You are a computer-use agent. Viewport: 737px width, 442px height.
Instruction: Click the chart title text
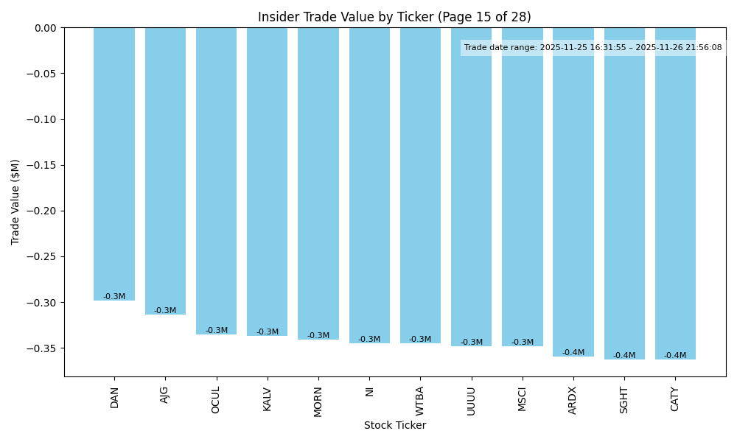[x=394, y=17]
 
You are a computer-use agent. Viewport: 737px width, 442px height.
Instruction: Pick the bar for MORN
[x=318, y=183]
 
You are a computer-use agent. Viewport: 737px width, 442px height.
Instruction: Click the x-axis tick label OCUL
[x=216, y=400]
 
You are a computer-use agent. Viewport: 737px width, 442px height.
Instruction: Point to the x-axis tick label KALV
[x=268, y=400]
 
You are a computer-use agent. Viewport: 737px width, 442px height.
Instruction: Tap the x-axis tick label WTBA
[x=420, y=400]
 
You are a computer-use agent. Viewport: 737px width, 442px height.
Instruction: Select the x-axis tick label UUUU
[x=471, y=400]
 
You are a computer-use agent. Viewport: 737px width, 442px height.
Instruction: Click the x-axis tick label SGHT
[x=624, y=400]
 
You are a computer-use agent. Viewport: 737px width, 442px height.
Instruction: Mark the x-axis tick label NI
[x=369, y=391]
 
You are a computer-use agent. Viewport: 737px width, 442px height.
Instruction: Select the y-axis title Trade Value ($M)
[x=15, y=202]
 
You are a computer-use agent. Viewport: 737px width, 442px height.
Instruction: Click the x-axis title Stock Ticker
[x=394, y=425]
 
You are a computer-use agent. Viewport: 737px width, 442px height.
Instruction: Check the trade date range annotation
[x=593, y=48]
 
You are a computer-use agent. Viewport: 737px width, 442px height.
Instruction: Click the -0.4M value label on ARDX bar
[x=573, y=353]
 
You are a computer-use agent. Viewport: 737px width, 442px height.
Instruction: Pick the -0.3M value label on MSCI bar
[x=523, y=343]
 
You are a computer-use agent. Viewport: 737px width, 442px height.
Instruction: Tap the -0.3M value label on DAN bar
[x=114, y=297]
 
